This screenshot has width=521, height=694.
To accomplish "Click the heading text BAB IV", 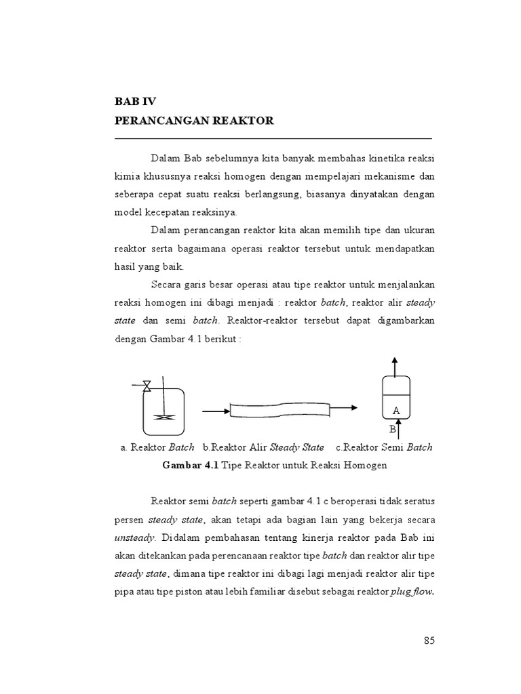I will pos(136,102).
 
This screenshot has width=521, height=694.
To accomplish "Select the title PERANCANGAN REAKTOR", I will pos(194,121).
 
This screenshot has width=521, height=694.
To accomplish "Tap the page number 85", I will pos(428,640).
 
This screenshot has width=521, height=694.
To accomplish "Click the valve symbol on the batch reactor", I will pos(147,386).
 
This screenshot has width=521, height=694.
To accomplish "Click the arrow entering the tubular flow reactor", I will pos(216,411).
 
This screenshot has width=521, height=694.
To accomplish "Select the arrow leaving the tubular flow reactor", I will pos(343,407).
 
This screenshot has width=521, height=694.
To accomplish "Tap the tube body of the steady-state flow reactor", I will pos(279,409).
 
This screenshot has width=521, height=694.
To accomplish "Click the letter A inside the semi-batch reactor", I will pos(395,411).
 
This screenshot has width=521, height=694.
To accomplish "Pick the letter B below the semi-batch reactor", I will pos(392,430).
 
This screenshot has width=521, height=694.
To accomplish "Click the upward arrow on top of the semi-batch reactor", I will pos(395,366).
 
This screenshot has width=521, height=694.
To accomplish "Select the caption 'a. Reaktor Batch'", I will pos(157,447).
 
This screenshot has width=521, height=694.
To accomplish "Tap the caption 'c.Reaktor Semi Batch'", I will pos(383,447).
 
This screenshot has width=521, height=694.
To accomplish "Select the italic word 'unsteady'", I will pos(133,537).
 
